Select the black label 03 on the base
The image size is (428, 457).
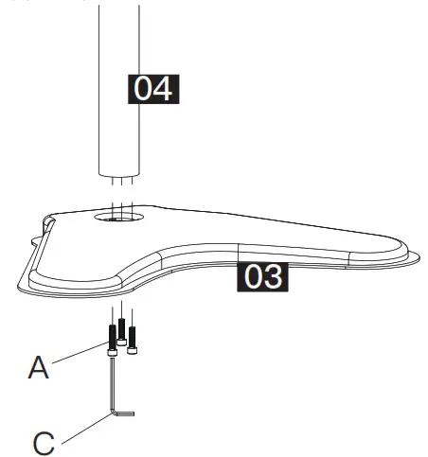[x=261, y=277]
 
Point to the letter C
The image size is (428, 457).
[x=43, y=441]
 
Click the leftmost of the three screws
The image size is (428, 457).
[x=113, y=337]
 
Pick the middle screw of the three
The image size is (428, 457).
[x=122, y=331]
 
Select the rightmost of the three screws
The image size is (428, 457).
[x=132, y=337]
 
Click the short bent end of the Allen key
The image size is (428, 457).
[x=124, y=413]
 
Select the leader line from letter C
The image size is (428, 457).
[x=81, y=428]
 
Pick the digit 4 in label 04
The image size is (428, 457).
[x=164, y=90]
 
